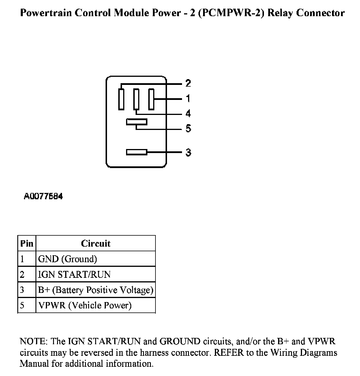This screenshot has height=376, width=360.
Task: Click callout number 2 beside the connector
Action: (x=188, y=83)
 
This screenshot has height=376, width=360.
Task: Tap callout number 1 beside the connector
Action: (x=188, y=99)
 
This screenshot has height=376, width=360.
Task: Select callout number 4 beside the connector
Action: (x=188, y=113)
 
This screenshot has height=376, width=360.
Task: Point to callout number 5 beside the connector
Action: (x=188, y=128)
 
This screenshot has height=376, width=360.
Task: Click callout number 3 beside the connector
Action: (x=188, y=152)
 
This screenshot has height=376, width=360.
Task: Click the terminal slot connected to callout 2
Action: (x=121, y=99)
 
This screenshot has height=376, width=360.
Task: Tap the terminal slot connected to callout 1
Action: (x=151, y=99)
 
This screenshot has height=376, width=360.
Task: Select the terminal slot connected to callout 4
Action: (x=136, y=99)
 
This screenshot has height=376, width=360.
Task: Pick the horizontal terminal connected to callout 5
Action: (x=136, y=122)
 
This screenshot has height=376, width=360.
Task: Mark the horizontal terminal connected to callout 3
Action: (x=136, y=152)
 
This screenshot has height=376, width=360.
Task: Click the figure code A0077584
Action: (x=43, y=197)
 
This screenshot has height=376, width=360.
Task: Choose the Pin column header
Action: (x=27, y=243)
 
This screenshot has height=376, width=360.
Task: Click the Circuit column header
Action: (x=95, y=243)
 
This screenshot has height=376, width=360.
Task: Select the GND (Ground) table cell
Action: (x=67, y=259)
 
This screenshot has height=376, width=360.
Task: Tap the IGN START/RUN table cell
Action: (x=74, y=274)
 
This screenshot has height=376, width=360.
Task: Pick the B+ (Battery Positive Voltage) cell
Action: (x=95, y=290)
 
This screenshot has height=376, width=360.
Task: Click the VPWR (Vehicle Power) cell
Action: (x=85, y=305)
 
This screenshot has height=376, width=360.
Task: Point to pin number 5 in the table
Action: (x=22, y=305)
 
